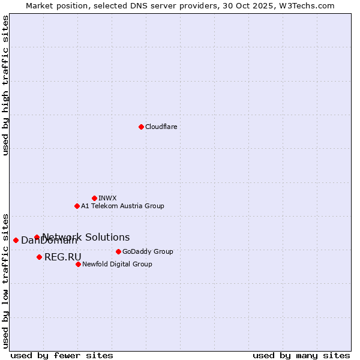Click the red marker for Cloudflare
click(141, 127)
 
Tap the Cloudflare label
click(161, 127)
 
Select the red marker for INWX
click(94, 198)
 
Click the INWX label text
click(107, 198)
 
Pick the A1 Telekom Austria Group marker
click(77, 206)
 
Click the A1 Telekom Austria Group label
click(122, 206)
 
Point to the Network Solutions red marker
click(37, 238)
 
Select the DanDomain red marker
click(16, 240)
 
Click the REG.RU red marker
click(39, 257)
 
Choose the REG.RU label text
click(62, 257)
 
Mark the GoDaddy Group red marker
click(118, 251)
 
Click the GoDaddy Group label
click(148, 251)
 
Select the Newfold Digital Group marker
click(78, 264)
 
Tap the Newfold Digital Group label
click(117, 264)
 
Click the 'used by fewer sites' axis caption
click(62, 355)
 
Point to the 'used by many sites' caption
click(301, 355)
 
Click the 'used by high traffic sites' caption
click(5, 85)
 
